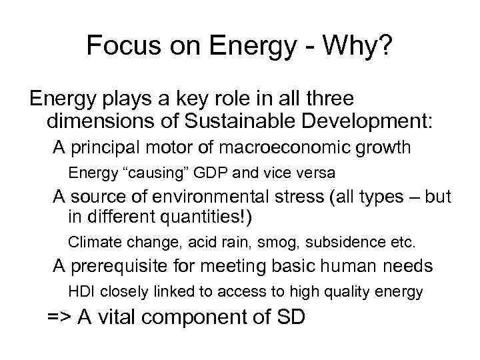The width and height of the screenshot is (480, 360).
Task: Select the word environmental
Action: pyautogui.click(x=213, y=197)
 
